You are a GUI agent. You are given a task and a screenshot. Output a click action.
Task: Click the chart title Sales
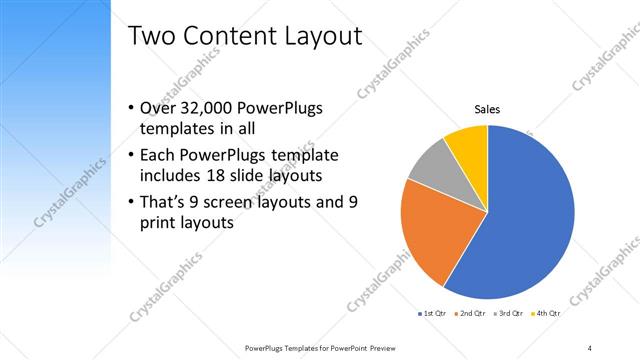pyautogui.click(x=487, y=110)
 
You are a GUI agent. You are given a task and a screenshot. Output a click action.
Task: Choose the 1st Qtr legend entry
pyautogui.click(x=434, y=314)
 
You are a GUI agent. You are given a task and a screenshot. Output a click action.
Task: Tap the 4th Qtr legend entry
pyautogui.click(x=546, y=314)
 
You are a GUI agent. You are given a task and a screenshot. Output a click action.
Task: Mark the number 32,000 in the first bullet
pyautogui.click(x=211, y=109)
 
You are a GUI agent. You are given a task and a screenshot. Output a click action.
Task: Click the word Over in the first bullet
pyautogui.click(x=159, y=109)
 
